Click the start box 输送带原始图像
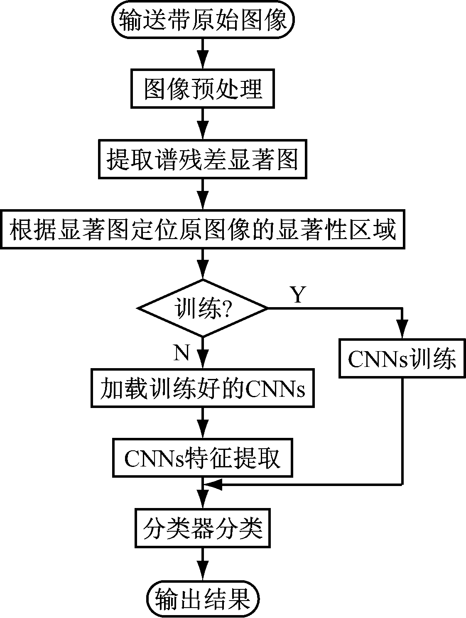[x=203, y=20]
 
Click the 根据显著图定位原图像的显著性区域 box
[x=203, y=230]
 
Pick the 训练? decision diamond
[x=203, y=308]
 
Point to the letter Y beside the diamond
[x=297, y=295]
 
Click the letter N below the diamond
[x=181, y=354]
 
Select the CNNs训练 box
[x=402, y=359]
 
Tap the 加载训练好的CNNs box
[x=203, y=388]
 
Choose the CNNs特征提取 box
[x=203, y=459]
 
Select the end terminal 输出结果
[x=203, y=598]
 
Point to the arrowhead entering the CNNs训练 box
[x=402, y=332]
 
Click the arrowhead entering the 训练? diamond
[x=203, y=272]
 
